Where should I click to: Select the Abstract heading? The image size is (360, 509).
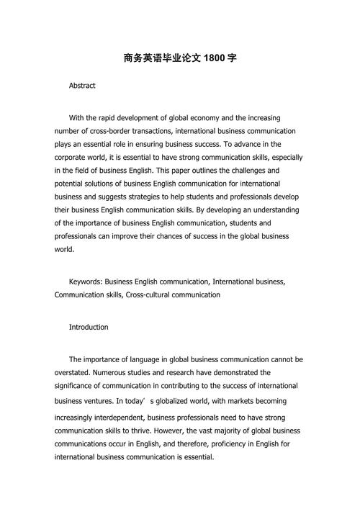click(x=82, y=86)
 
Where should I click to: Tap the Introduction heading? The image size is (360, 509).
click(x=89, y=327)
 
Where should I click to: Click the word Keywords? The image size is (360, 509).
click(x=86, y=281)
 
